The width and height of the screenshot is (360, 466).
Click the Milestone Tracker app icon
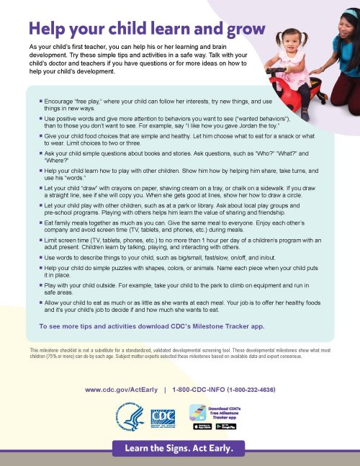197,413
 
